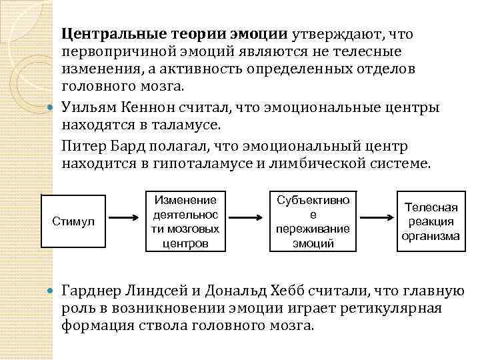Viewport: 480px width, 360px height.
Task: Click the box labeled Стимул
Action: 74,221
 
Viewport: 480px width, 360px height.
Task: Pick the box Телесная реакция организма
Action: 430,221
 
